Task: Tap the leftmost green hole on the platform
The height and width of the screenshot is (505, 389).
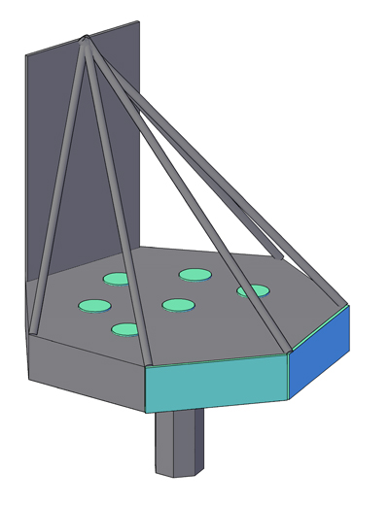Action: coord(94,306)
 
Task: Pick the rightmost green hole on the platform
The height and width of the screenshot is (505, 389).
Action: coord(253,290)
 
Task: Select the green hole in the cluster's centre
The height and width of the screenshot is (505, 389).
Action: coord(178,305)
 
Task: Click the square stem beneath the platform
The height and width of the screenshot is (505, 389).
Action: coord(178,442)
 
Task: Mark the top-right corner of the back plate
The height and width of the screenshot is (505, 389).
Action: coord(139,22)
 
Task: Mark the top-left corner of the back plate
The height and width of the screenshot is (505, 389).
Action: coord(26,55)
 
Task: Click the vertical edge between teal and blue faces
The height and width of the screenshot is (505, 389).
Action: coord(289,376)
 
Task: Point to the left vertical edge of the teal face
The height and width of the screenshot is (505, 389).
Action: coord(146,389)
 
